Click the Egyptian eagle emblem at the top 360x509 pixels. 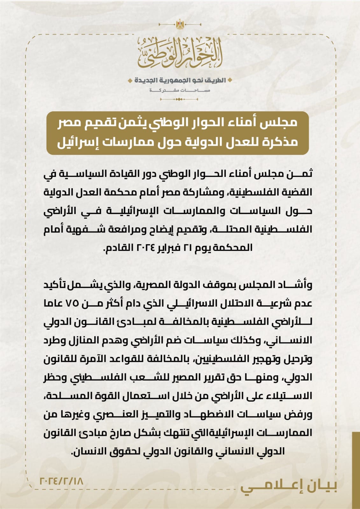point(180,24)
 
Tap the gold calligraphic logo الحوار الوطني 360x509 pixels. point(180,52)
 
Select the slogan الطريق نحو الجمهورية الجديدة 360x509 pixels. point(180,80)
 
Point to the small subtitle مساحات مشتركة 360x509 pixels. point(180,90)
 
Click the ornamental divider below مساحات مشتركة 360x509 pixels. point(180,99)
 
